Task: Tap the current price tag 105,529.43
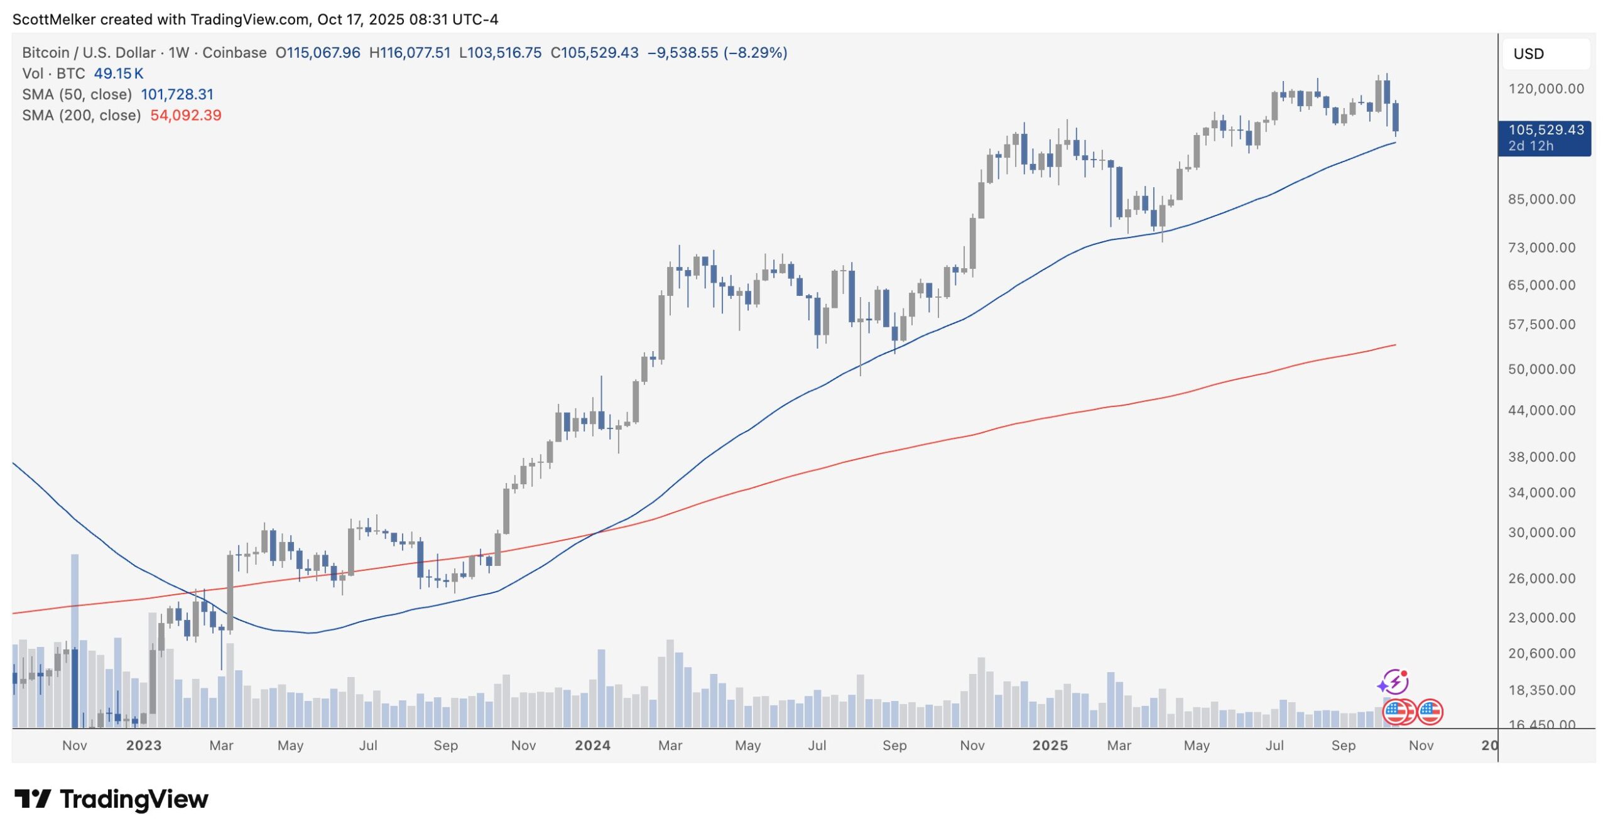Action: (1545, 130)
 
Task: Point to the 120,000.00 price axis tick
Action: (1546, 89)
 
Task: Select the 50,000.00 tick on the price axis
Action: (1541, 369)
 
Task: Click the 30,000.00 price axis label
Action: (1541, 533)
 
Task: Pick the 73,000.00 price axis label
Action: (1541, 248)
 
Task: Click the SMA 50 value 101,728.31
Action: (177, 95)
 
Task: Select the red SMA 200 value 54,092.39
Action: (186, 116)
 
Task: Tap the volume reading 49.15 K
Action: (119, 74)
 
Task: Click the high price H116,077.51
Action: (410, 53)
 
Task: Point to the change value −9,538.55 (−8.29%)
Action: (717, 53)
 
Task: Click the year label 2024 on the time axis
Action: (592, 746)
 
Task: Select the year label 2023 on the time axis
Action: (144, 746)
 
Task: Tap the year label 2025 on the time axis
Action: (1050, 746)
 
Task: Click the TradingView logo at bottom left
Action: (112, 800)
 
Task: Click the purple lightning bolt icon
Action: (1393, 682)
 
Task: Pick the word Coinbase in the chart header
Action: (234, 53)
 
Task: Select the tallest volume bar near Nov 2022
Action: (75, 641)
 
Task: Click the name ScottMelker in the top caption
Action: (54, 19)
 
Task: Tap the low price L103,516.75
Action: (500, 53)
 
